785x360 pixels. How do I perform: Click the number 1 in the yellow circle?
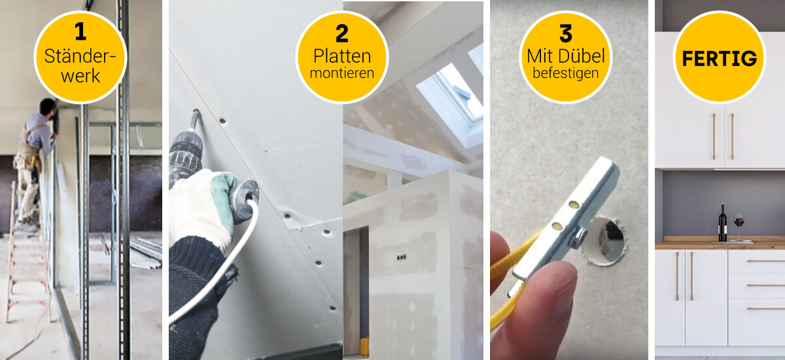80,31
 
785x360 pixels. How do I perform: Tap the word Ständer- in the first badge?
80,56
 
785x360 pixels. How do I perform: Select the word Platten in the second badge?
342,56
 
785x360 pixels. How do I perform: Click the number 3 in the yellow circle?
566,33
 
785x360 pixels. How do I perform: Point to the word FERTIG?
720,58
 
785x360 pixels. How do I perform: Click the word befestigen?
566,73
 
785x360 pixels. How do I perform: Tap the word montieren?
342,73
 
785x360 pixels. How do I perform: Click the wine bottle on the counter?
722,223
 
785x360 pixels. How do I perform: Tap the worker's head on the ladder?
47,106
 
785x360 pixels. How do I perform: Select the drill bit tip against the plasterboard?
196,111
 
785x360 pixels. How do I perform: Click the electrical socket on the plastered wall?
402,258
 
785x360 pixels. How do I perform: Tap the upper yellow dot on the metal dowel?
574,204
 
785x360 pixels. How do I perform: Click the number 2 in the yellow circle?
342,33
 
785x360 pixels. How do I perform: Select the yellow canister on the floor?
364,346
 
